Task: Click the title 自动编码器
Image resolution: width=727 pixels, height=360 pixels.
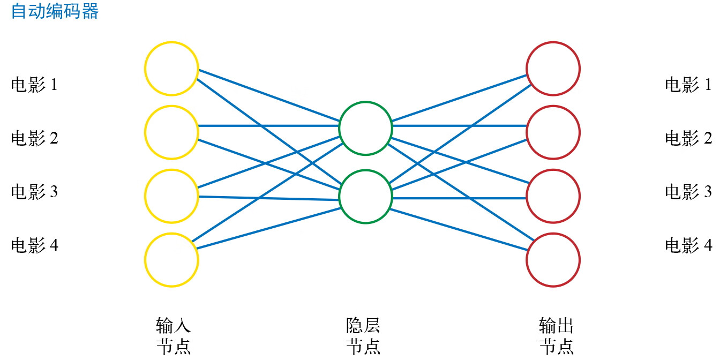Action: tap(55, 12)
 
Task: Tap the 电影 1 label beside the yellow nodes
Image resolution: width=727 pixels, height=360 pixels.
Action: tap(34, 85)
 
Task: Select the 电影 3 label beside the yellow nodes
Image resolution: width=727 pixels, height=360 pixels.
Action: tap(34, 192)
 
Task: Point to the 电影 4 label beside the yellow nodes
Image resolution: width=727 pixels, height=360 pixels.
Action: tap(34, 245)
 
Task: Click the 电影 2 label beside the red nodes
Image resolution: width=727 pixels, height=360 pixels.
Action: tap(688, 138)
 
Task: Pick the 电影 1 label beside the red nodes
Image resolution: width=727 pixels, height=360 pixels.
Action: tap(688, 85)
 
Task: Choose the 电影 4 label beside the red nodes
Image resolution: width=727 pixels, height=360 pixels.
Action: tap(688, 245)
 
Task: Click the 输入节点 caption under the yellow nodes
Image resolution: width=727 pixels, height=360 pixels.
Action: tap(173, 336)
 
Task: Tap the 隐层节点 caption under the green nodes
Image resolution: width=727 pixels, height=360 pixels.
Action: tap(363, 336)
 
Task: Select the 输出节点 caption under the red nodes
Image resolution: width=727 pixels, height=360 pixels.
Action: tap(556, 336)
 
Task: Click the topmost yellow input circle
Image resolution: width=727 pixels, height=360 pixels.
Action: tap(171, 69)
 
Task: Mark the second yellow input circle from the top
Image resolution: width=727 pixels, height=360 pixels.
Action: tap(171, 132)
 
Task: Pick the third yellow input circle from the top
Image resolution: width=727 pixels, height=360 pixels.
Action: tap(171, 196)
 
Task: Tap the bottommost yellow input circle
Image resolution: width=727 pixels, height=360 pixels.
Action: tap(171, 260)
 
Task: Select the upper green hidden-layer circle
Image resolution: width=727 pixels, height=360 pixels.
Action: tap(365, 128)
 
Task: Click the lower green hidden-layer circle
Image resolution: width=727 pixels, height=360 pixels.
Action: tap(365, 197)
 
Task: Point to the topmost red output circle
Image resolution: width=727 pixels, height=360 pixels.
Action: tap(553, 69)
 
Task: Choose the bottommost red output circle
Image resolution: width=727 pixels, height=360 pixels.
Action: tap(553, 260)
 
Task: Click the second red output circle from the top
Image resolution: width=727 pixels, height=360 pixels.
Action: tap(553, 132)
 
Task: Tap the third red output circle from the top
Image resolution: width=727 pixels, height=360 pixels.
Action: tap(553, 196)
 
